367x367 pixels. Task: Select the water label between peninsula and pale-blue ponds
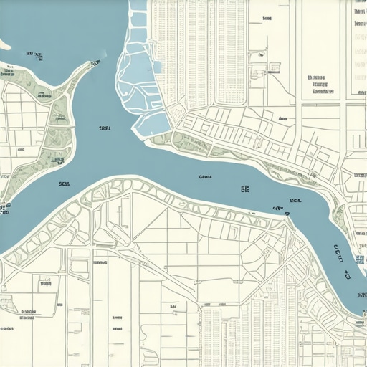(105, 129)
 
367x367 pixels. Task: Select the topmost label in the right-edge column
(359, 12)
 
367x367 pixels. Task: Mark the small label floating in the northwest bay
(31, 53)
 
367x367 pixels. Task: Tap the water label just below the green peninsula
(64, 184)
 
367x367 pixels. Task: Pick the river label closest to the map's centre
(205, 176)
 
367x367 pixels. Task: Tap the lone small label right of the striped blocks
(267, 19)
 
